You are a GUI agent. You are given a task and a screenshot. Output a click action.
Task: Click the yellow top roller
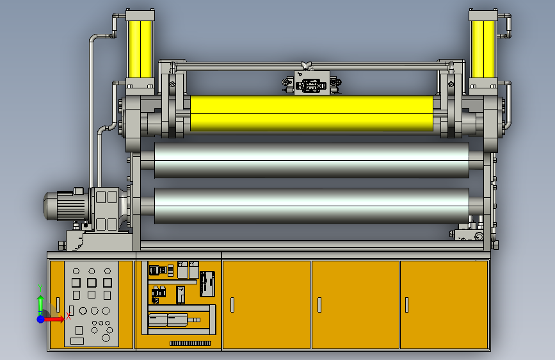click(x=312, y=113)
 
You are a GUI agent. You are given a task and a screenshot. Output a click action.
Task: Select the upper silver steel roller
click(x=312, y=160)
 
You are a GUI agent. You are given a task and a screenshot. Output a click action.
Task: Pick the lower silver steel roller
click(x=312, y=206)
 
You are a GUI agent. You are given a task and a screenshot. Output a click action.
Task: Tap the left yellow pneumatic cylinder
click(x=140, y=49)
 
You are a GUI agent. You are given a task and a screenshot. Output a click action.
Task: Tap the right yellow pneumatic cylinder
click(x=483, y=49)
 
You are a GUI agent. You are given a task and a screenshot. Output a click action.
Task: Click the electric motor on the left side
click(x=67, y=206)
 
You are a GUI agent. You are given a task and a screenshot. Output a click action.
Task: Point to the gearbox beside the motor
click(x=106, y=209)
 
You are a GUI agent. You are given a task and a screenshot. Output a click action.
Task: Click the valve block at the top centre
click(x=312, y=83)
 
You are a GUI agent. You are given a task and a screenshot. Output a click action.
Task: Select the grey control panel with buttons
click(x=92, y=304)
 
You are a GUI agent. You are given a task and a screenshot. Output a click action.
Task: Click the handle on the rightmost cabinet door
click(x=406, y=305)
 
